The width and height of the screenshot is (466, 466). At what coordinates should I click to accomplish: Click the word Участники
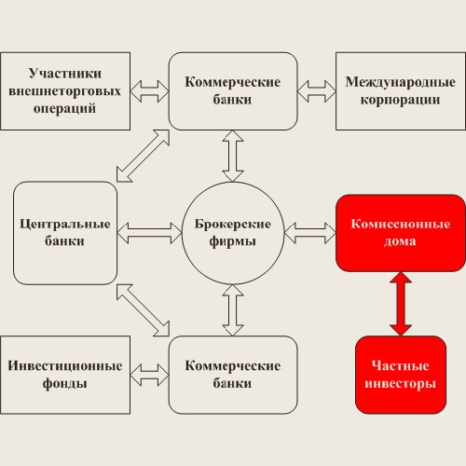click(65, 74)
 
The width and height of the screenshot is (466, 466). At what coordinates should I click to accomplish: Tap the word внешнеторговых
click(64, 91)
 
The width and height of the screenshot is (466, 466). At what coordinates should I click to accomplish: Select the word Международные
click(401, 82)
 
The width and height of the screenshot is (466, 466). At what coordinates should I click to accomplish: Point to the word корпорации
click(401, 101)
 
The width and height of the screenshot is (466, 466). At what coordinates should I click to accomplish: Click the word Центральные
click(65, 224)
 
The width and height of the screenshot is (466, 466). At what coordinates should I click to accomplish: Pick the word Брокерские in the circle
click(233, 224)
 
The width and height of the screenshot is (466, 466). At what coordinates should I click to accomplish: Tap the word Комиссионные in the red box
click(401, 224)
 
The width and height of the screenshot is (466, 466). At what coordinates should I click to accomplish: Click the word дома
click(400, 241)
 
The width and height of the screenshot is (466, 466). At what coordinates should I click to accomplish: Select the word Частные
click(401, 365)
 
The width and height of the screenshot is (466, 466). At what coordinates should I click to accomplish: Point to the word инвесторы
click(401, 383)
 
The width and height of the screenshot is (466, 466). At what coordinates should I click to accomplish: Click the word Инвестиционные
click(65, 365)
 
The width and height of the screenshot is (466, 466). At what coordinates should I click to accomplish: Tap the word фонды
click(64, 383)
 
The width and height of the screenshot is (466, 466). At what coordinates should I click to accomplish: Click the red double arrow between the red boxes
click(401, 304)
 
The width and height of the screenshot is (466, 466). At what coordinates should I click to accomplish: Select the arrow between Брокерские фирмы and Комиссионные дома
click(310, 233)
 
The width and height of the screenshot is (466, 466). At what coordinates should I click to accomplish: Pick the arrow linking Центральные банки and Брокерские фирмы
click(149, 233)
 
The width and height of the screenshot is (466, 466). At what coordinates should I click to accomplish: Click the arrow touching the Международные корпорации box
click(317, 91)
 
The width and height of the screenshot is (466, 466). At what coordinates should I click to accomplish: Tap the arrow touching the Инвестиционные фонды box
click(149, 375)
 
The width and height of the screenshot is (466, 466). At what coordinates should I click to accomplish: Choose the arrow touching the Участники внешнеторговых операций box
click(149, 91)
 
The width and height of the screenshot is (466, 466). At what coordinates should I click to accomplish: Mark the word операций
click(64, 109)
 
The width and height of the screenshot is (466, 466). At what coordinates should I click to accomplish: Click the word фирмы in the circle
click(233, 241)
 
